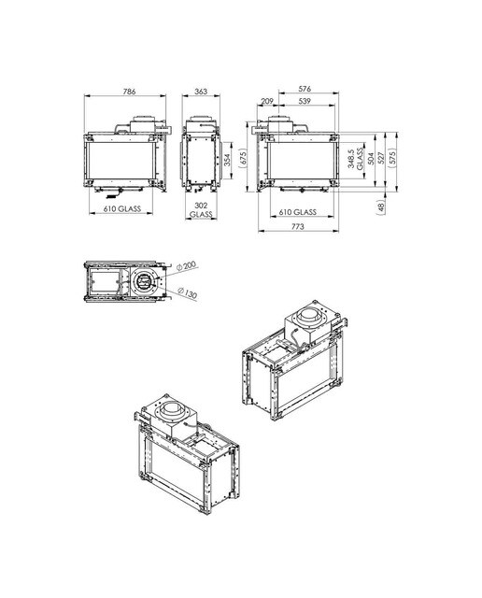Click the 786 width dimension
coord(129,92)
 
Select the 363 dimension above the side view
coord(201,92)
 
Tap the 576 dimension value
coord(305,89)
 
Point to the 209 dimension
coord(267,101)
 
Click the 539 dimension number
coord(305,101)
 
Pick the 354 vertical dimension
coord(227,160)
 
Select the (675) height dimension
coord(244,158)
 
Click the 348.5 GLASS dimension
coord(355,159)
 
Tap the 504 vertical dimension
coord(370,159)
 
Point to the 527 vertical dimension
coord(380,159)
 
